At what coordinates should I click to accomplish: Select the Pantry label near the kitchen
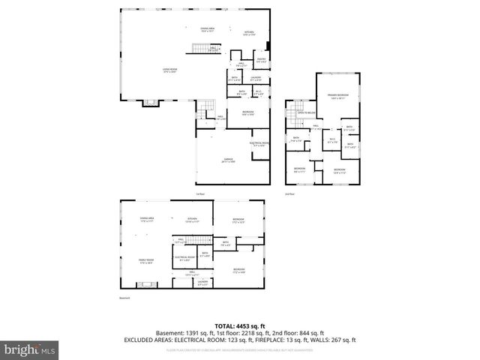click(262, 59)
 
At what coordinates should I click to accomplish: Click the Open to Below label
click(305, 112)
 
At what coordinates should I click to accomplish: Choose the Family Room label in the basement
click(145, 261)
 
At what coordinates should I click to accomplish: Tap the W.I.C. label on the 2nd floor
click(333, 139)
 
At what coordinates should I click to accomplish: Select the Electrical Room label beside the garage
click(259, 143)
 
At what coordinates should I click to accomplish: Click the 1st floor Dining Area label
click(207, 30)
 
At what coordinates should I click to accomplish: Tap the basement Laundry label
click(202, 281)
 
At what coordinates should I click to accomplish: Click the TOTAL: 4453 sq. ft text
click(239, 325)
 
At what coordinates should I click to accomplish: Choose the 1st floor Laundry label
click(256, 78)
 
